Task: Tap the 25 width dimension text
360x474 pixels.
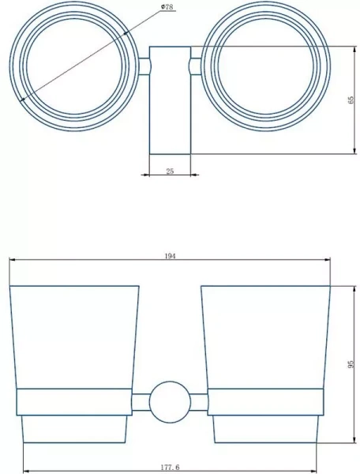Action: click(170, 171)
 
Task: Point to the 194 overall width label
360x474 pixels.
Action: click(170, 256)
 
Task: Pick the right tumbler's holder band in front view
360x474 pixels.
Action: click(265, 402)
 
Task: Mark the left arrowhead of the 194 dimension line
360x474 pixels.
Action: click(13, 261)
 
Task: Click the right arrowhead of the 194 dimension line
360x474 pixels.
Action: click(327, 261)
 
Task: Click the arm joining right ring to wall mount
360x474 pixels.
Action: click(195, 62)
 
